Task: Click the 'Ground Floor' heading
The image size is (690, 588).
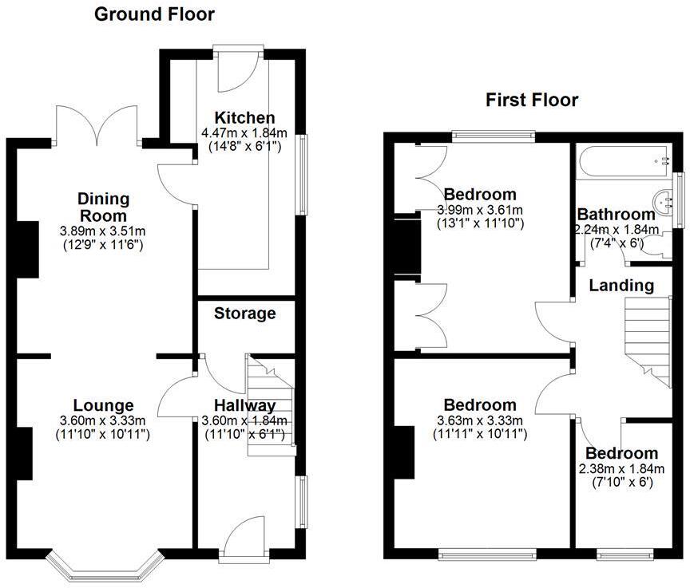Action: (x=154, y=14)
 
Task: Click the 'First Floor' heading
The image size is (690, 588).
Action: (x=532, y=100)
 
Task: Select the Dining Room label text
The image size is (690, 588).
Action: (x=103, y=207)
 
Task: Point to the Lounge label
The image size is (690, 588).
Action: (x=103, y=405)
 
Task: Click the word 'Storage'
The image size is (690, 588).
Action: (x=245, y=314)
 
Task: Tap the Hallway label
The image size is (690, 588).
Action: (x=244, y=405)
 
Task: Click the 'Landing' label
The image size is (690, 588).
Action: (x=621, y=285)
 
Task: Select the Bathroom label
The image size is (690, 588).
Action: (x=616, y=214)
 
